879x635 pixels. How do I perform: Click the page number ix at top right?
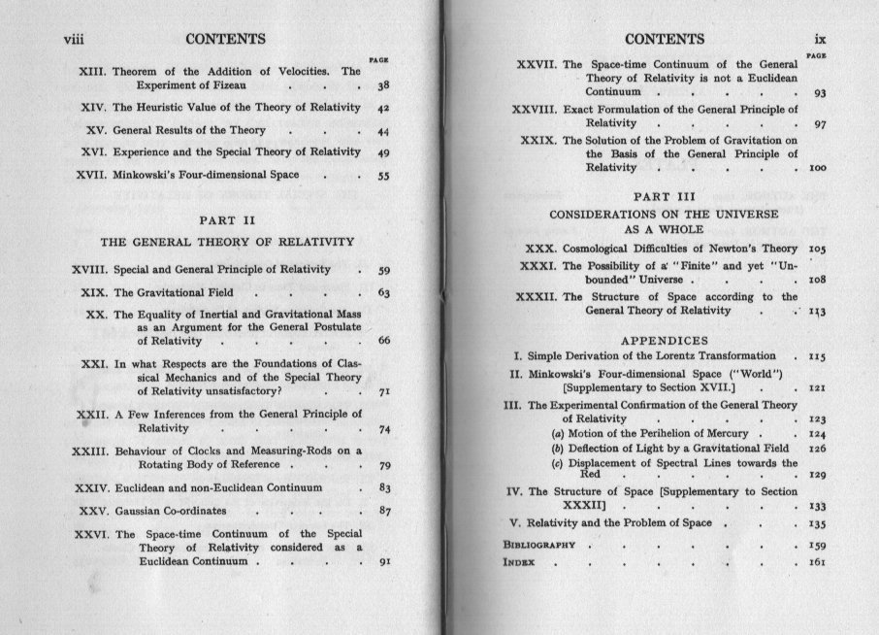[818, 40]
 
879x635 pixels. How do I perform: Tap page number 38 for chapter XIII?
[383, 88]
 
